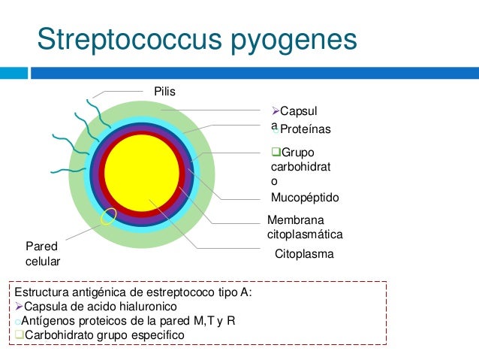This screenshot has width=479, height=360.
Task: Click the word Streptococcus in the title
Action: tap(127, 40)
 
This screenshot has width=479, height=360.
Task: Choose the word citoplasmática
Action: tap(305, 234)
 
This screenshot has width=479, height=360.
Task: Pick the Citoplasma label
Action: tap(304, 255)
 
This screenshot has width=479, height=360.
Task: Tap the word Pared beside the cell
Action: tap(41, 246)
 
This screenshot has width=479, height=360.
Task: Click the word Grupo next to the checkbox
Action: tap(298, 153)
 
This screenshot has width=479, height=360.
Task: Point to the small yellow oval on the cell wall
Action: tap(108, 217)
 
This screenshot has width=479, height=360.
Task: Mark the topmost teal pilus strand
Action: tap(95, 101)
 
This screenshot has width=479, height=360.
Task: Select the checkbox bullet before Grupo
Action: tap(276, 153)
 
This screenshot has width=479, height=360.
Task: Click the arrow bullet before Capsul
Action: tap(275, 110)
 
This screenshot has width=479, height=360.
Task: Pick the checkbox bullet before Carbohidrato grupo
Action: tap(20, 334)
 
